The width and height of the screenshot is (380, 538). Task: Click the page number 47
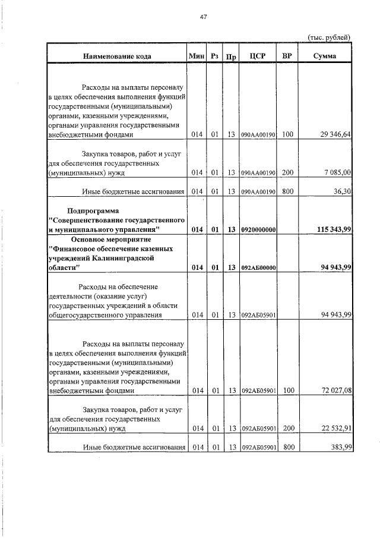tap(203, 17)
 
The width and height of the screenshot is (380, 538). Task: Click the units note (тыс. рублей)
tap(328, 37)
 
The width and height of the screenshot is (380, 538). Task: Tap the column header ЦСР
tap(257, 56)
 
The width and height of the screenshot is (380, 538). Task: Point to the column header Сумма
tap(324, 56)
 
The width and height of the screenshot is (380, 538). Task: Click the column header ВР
tap(287, 56)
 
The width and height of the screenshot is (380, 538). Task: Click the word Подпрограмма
tap(93, 211)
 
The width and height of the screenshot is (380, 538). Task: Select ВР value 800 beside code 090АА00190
tap(287, 191)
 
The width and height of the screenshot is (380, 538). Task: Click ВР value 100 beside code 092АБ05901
tap(287, 391)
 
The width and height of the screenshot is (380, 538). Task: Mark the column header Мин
tap(196, 56)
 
